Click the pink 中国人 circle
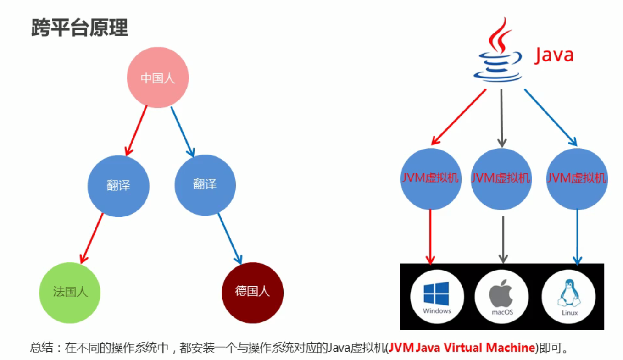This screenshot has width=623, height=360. (158, 78)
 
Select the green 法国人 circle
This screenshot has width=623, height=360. (70, 292)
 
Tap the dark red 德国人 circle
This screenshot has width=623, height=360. (252, 292)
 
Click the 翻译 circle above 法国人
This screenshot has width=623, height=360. (118, 185)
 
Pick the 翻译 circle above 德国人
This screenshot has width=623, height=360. (205, 185)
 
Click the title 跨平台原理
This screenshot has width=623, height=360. (79, 28)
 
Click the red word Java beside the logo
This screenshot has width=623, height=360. (554, 55)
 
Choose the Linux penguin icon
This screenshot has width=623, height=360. (568, 294)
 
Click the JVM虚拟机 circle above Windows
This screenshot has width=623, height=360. (430, 178)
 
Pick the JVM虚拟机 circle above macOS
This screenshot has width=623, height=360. (501, 178)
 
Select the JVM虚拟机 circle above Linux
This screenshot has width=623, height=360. (577, 178)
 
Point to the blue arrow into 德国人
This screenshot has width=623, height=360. (229, 238)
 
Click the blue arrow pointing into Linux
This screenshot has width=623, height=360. (577, 236)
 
